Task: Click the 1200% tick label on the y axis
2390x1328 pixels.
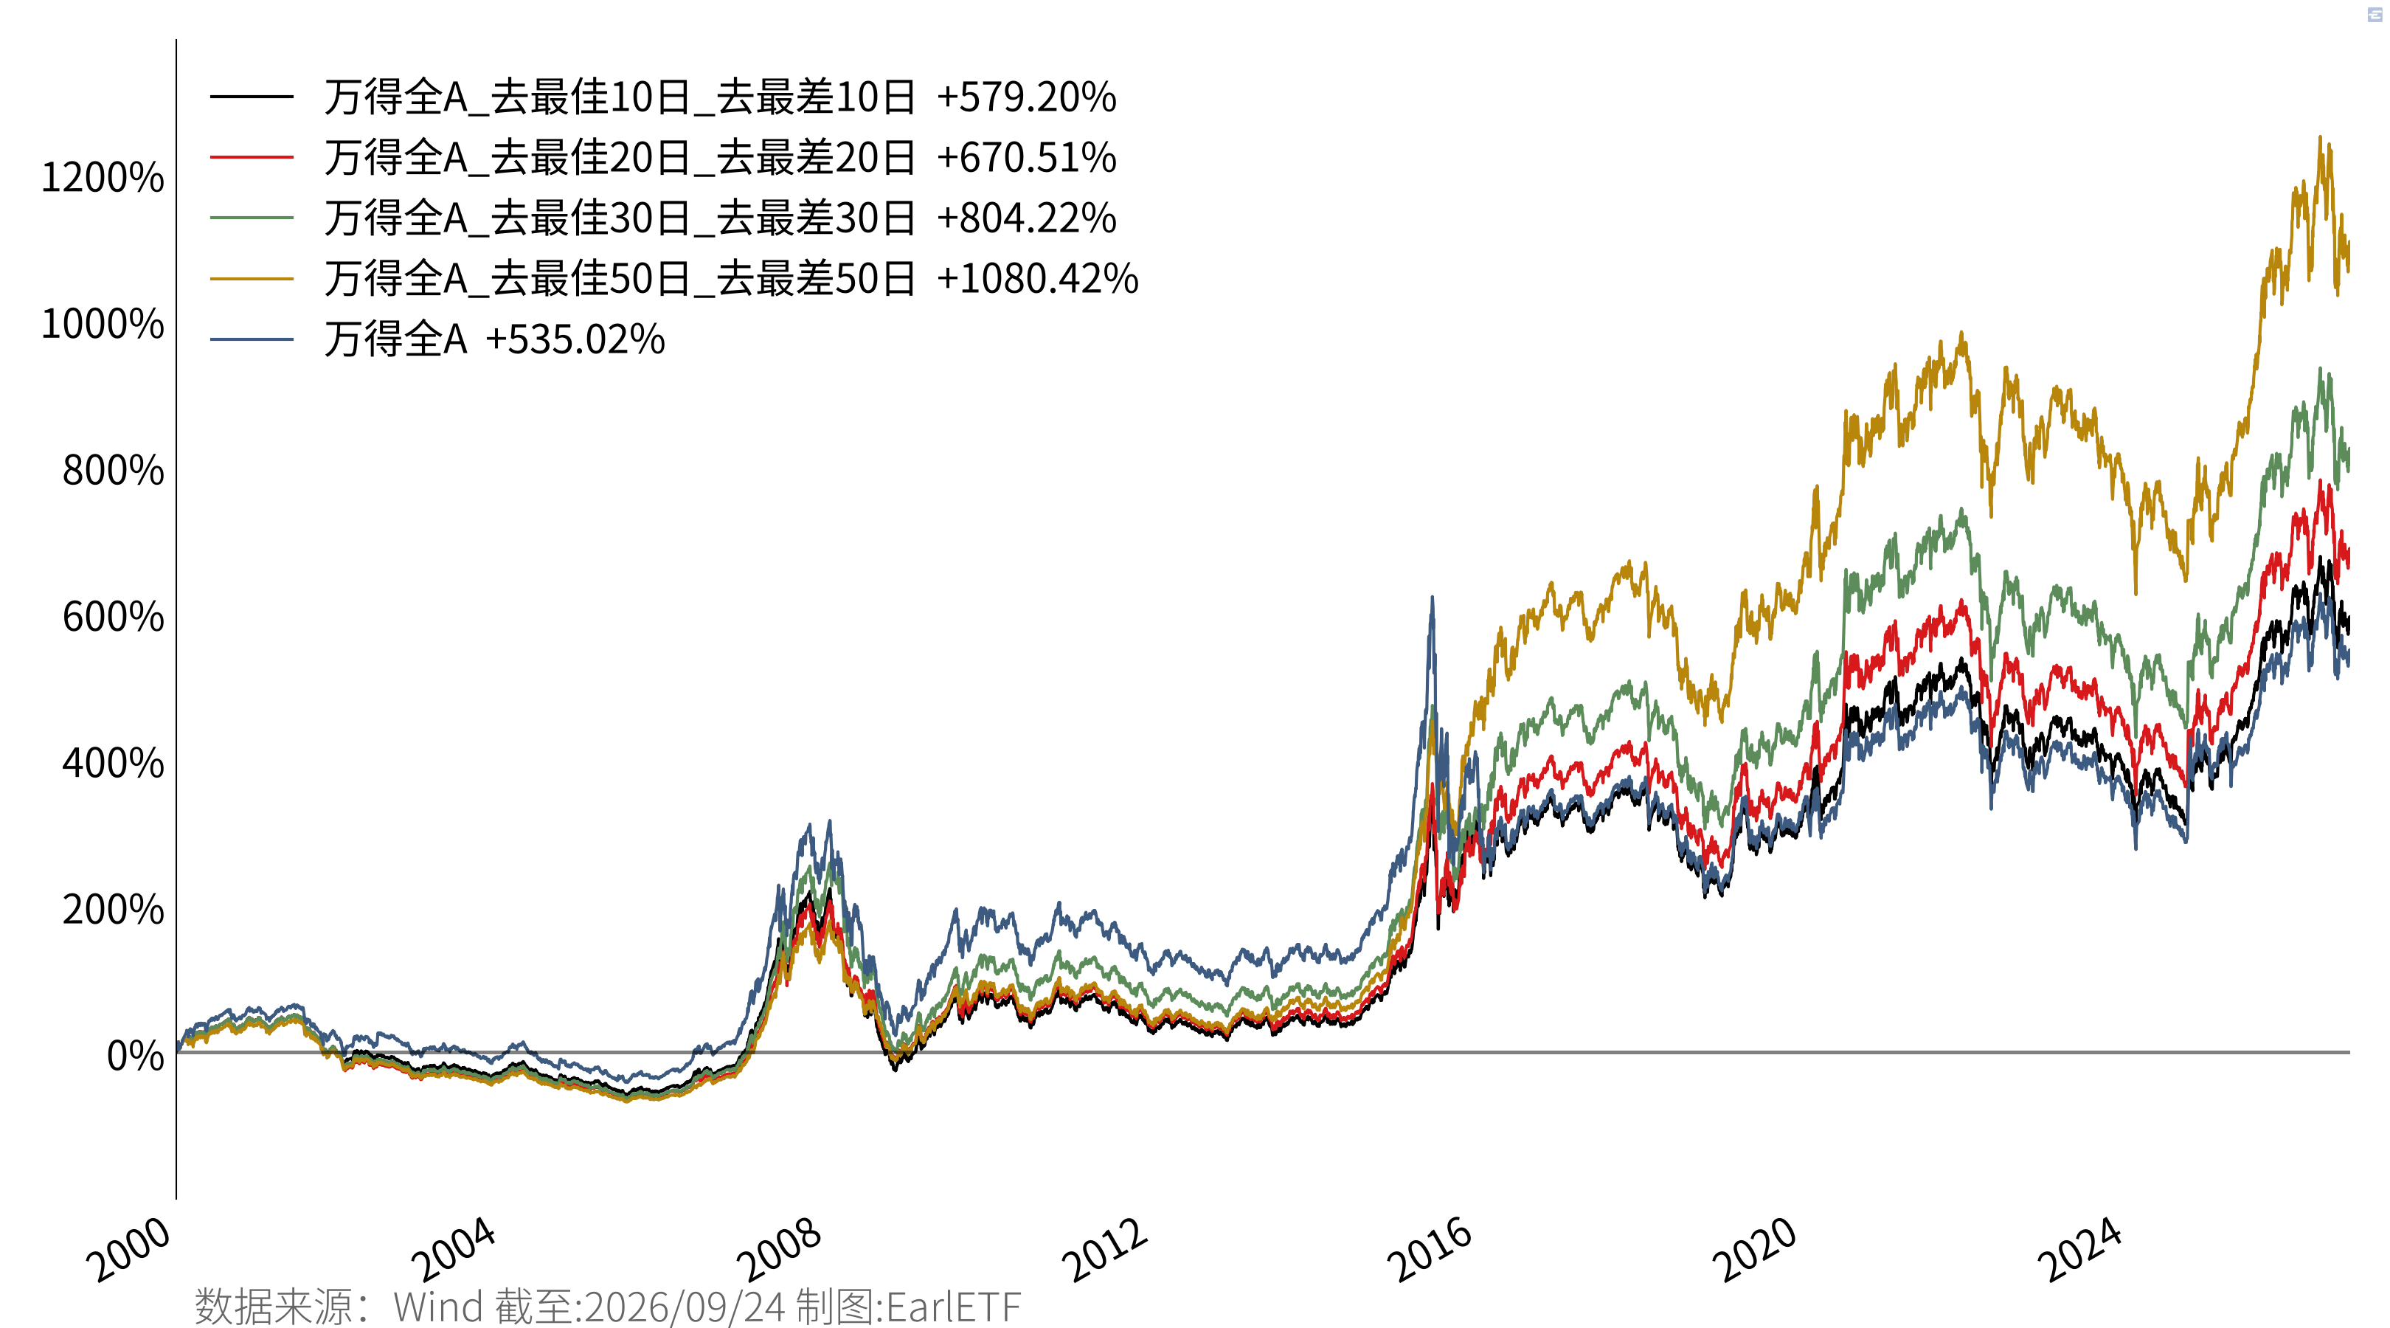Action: [102, 177]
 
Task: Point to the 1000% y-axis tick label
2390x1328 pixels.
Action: [102, 324]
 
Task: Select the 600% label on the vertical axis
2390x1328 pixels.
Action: [113, 617]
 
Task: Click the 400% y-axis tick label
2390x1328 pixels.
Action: [113, 763]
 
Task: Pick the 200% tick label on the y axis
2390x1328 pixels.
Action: [113, 910]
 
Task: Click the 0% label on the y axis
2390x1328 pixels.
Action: [136, 1056]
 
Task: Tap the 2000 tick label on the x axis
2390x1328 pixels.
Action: [129, 1249]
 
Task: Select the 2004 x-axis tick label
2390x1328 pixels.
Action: [454, 1249]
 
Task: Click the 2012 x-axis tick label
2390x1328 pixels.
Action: [1105, 1249]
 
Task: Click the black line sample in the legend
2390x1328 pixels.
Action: [252, 97]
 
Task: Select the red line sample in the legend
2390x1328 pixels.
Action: [252, 157]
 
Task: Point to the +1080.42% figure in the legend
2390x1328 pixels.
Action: [1037, 278]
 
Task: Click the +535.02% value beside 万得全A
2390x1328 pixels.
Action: [575, 339]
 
